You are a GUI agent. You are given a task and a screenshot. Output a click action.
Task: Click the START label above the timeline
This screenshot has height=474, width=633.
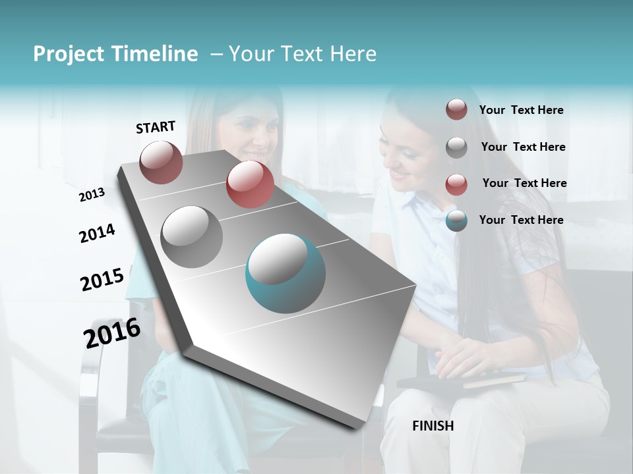(x=156, y=127)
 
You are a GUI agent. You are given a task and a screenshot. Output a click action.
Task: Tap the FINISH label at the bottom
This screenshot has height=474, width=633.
(x=433, y=426)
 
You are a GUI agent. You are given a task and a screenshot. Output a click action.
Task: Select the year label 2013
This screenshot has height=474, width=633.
(x=92, y=194)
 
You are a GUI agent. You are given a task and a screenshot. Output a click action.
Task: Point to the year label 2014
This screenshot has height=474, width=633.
(x=97, y=233)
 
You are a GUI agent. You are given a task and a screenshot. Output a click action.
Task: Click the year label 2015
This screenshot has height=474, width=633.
(x=102, y=279)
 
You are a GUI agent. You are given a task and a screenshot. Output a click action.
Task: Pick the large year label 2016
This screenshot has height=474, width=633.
(x=111, y=333)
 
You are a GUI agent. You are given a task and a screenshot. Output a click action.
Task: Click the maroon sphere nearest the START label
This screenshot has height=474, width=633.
(x=161, y=162)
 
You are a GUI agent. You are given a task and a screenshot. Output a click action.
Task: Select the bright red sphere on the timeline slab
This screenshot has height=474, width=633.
(x=250, y=184)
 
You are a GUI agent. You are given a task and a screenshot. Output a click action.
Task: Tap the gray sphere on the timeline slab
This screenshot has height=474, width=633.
(x=192, y=236)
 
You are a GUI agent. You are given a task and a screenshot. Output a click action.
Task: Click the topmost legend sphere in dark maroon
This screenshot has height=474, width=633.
(x=456, y=109)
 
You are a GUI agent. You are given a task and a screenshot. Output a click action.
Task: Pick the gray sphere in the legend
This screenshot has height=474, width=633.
(x=456, y=147)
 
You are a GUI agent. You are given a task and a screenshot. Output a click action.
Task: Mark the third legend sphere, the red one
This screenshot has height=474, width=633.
(x=456, y=184)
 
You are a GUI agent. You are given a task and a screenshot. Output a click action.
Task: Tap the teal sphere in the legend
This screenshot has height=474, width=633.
(x=456, y=221)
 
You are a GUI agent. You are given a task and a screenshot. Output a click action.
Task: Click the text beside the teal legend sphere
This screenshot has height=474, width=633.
(x=521, y=220)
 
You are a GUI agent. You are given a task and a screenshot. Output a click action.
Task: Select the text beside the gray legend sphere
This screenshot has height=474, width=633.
(x=523, y=147)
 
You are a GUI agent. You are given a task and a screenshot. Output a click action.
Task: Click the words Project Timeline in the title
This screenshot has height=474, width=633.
(x=115, y=54)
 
